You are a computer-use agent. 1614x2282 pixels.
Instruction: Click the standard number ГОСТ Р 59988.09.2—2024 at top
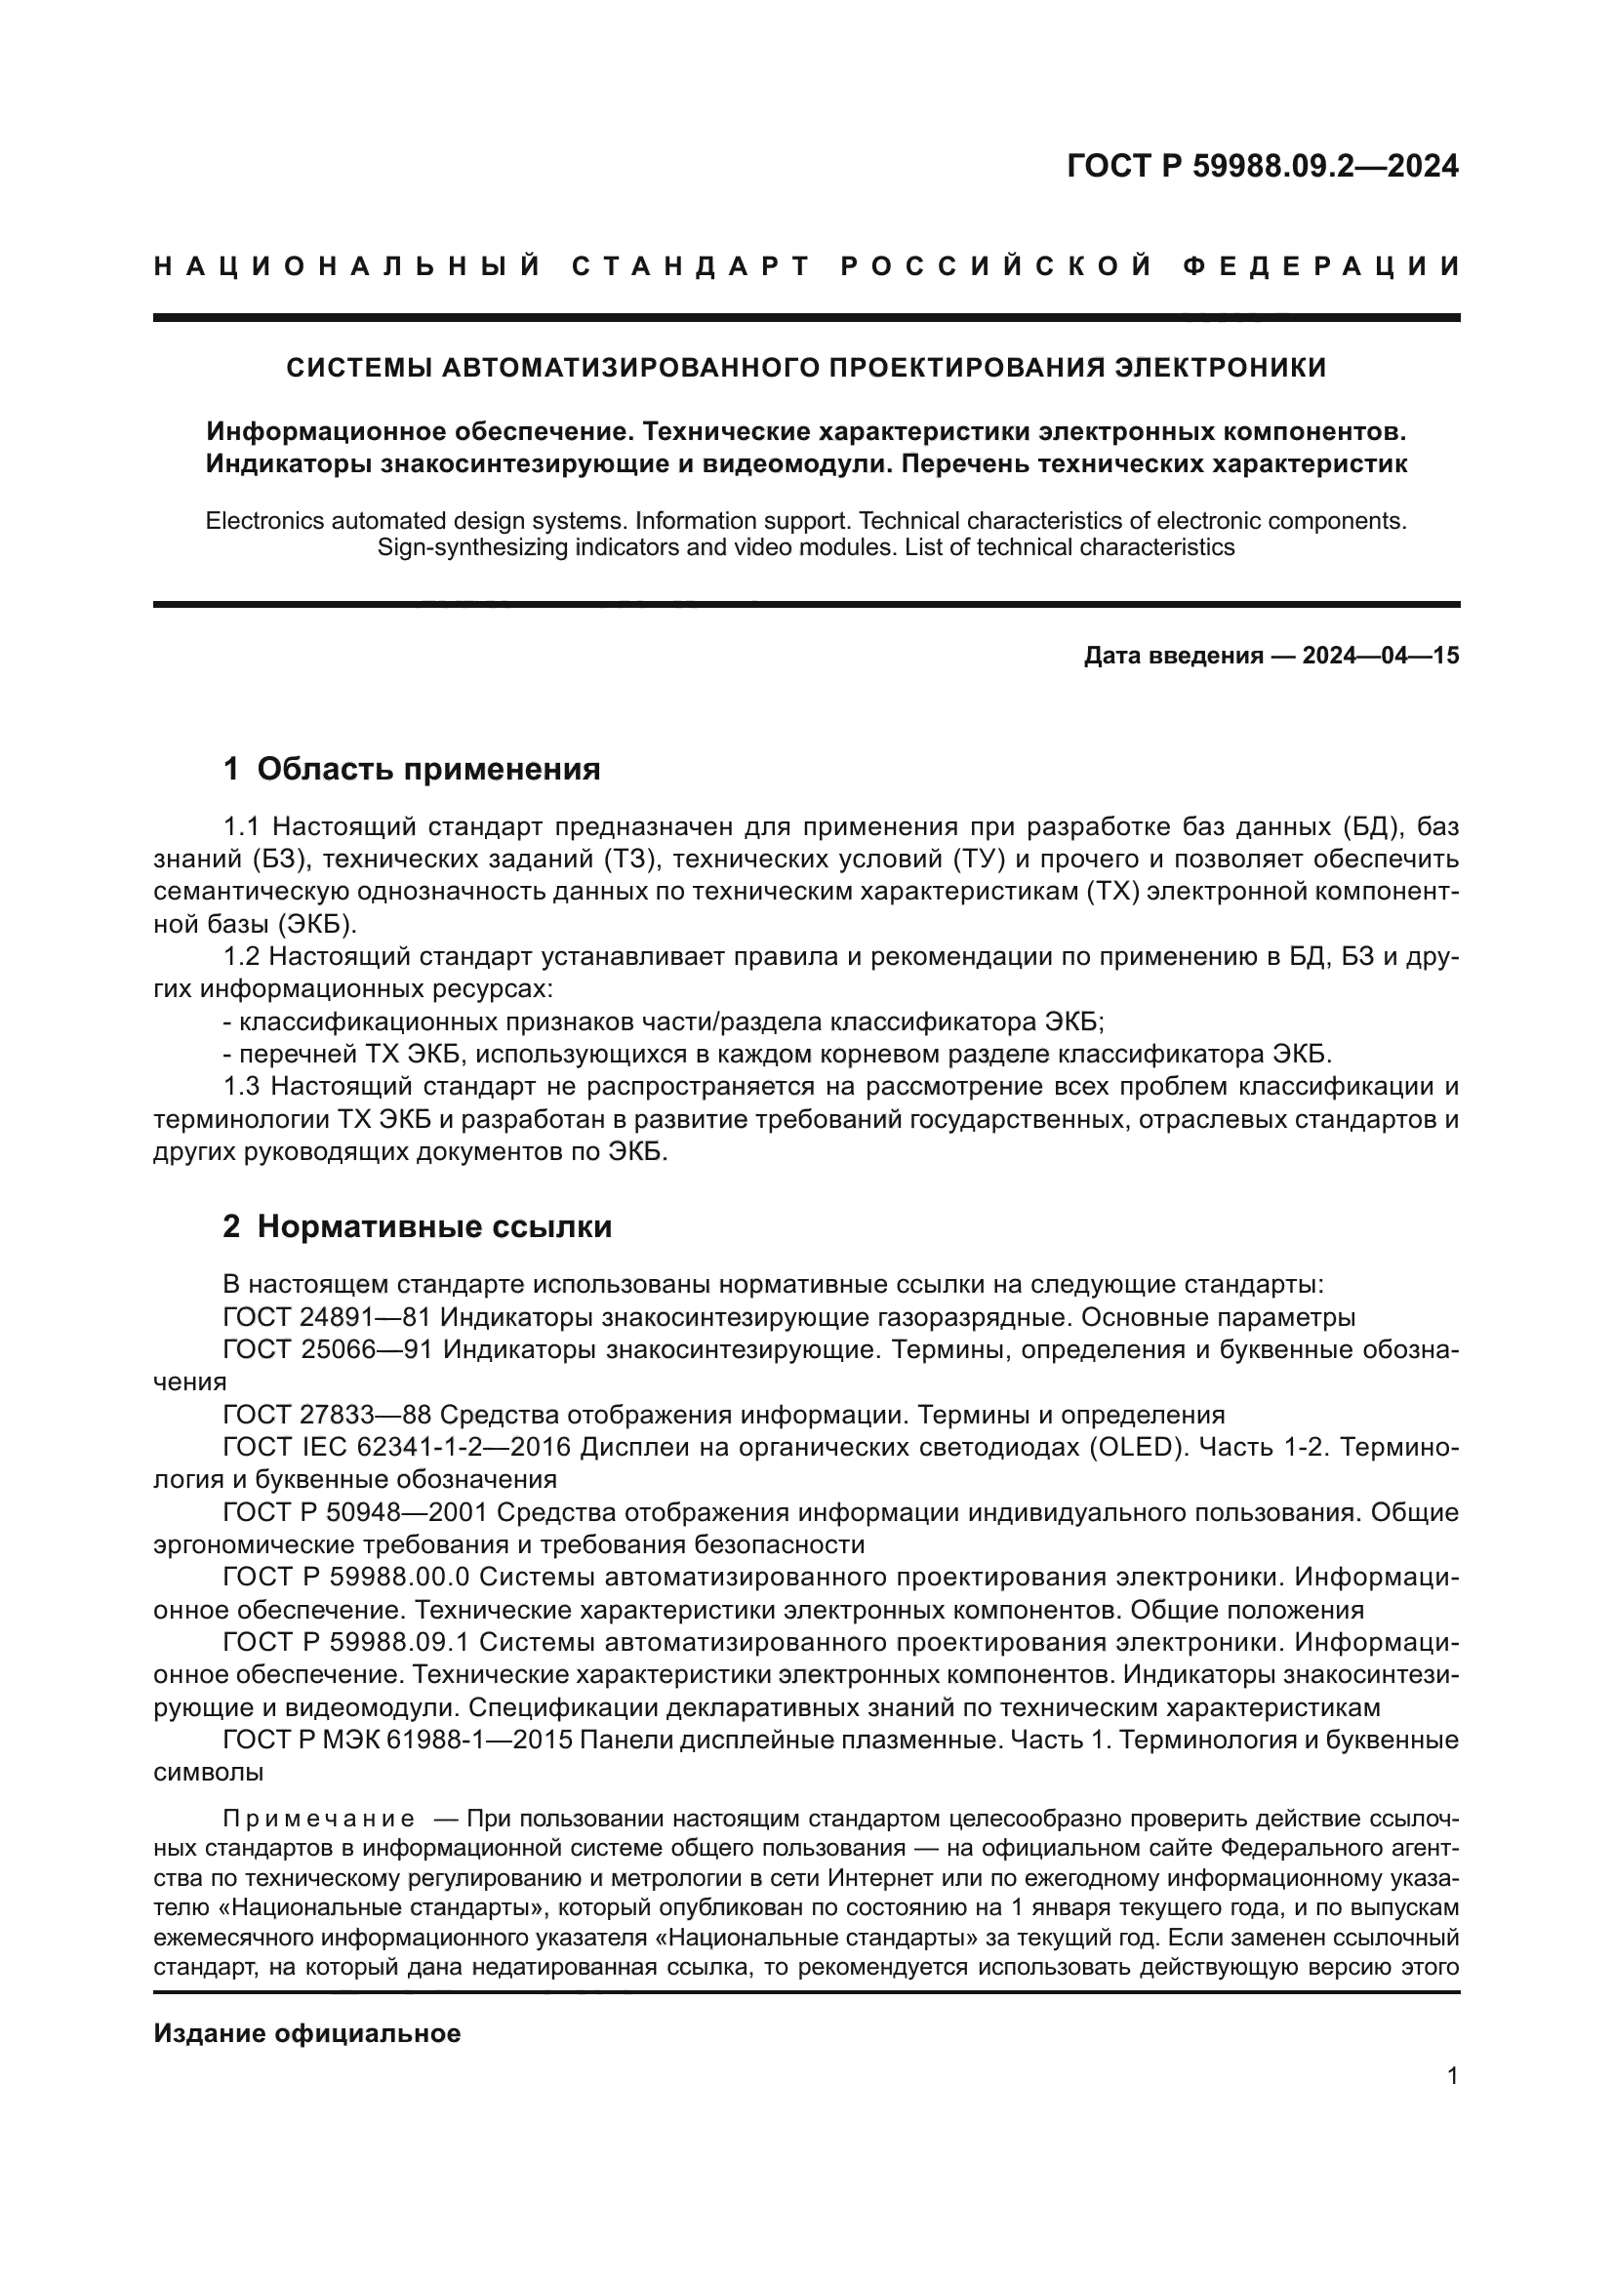[1262, 166]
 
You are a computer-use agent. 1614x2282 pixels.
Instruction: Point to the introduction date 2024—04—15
[1381, 655]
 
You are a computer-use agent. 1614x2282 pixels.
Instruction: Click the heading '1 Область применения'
[412, 768]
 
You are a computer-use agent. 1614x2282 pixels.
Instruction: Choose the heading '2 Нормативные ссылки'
[418, 1226]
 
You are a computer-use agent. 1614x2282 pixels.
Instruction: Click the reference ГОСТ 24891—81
[327, 1317]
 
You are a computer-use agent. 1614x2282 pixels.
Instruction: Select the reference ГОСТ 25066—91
[328, 1349]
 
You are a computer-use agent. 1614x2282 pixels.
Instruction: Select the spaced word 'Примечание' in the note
[319, 1819]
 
